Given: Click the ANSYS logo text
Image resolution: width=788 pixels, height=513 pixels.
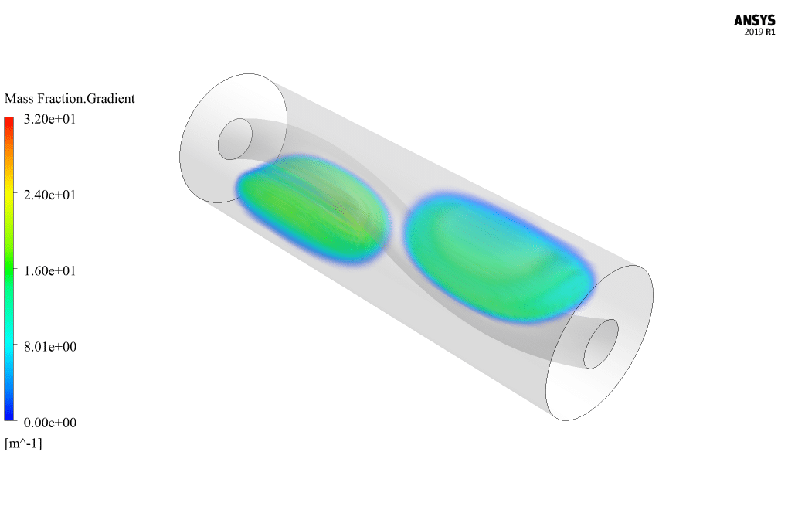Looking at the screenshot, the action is pyautogui.click(x=754, y=20).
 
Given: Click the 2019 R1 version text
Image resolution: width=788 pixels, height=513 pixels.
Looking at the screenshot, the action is pyautogui.click(x=759, y=32).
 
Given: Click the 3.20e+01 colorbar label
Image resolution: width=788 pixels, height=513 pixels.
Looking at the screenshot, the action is pyautogui.click(x=49, y=119).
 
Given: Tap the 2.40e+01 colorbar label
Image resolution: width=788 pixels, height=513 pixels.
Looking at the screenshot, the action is pyautogui.click(x=49, y=195).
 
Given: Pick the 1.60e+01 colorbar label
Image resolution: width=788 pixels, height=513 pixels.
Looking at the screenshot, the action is pyautogui.click(x=49, y=271).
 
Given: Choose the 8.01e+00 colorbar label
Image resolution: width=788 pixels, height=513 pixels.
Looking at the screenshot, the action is pyautogui.click(x=50, y=347).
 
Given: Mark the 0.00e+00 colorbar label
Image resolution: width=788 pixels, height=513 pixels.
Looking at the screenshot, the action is pyautogui.click(x=50, y=423).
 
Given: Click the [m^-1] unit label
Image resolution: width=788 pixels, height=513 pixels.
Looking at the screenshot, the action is pyautogui.click(x=24, y=443).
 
